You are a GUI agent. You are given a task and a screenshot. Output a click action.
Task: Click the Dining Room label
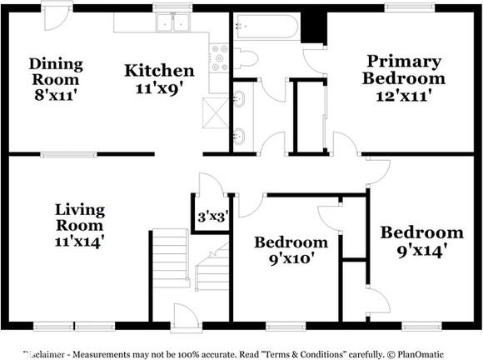[x=55, y=79]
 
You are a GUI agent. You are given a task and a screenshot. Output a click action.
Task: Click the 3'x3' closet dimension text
[x=212, y=217]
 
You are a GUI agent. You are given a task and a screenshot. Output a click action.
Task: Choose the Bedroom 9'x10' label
[x=291, y=250]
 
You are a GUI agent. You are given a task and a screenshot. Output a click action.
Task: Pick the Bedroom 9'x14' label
[x=421, y=240]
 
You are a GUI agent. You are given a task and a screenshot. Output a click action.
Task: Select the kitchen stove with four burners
[x=219, y=57]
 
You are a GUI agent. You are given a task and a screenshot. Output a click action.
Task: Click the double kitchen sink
[x=173, y=23]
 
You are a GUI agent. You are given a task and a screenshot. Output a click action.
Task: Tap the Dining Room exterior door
[x=57, y=17]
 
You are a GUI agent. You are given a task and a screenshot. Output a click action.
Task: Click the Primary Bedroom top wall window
[x=408, y=7]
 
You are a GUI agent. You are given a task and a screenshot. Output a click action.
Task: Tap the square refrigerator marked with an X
[x=215, y=110]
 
